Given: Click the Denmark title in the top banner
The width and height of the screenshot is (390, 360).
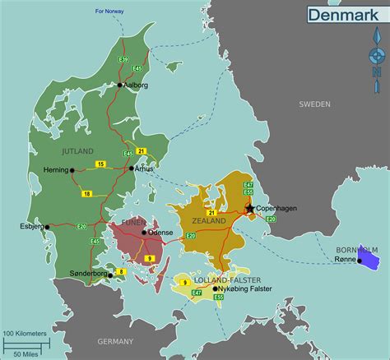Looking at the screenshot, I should tap(337, 14).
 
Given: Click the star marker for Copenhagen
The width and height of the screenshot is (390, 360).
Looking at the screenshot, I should tap(250, 208).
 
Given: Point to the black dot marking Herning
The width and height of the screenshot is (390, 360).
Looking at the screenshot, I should tap(72, 170).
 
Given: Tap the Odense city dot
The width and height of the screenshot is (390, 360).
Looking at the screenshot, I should tap(144, 233).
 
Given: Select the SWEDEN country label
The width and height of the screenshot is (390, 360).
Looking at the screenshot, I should tap(314, 104).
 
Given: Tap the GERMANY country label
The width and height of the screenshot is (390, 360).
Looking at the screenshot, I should tap(114, 341).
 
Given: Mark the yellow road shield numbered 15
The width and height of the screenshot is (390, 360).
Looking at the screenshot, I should tap(100, 164).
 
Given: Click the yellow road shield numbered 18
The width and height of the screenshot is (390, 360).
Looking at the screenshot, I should tap(87, 193).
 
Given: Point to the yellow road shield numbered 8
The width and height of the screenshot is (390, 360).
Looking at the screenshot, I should tap(121, 270).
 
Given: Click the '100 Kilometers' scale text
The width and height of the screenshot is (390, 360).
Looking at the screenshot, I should tap(26, 333).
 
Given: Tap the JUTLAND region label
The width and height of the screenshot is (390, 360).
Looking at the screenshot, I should tap(77, 150).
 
